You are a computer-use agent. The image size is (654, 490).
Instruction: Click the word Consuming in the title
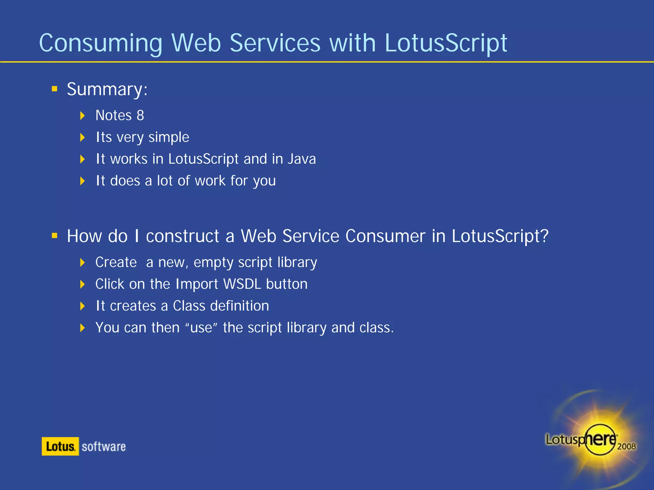coord(101,43)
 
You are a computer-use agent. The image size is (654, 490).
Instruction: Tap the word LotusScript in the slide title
coord(446,43)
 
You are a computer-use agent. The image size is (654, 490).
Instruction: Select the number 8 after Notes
coord(141,115)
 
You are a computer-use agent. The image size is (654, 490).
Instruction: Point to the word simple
coord(169,137)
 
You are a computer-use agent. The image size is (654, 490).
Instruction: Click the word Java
coord(301,159)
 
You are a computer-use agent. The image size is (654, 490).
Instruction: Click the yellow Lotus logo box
coord(60,446)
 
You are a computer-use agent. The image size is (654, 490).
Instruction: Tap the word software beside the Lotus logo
coord(104,447)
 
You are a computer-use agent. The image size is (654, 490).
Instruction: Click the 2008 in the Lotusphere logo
coord(626,446)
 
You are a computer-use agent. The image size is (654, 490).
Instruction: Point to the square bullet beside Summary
coord(55,89)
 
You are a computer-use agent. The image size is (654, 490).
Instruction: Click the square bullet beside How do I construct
coord(55,236)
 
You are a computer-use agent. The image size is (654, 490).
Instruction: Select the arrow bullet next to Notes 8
coord(82,115)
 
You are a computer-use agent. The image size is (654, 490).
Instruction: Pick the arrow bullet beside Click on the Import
coord(82,284)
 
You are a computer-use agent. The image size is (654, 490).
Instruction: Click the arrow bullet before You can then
coord(82,328)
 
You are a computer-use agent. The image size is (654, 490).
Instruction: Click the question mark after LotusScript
coord(544,236)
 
